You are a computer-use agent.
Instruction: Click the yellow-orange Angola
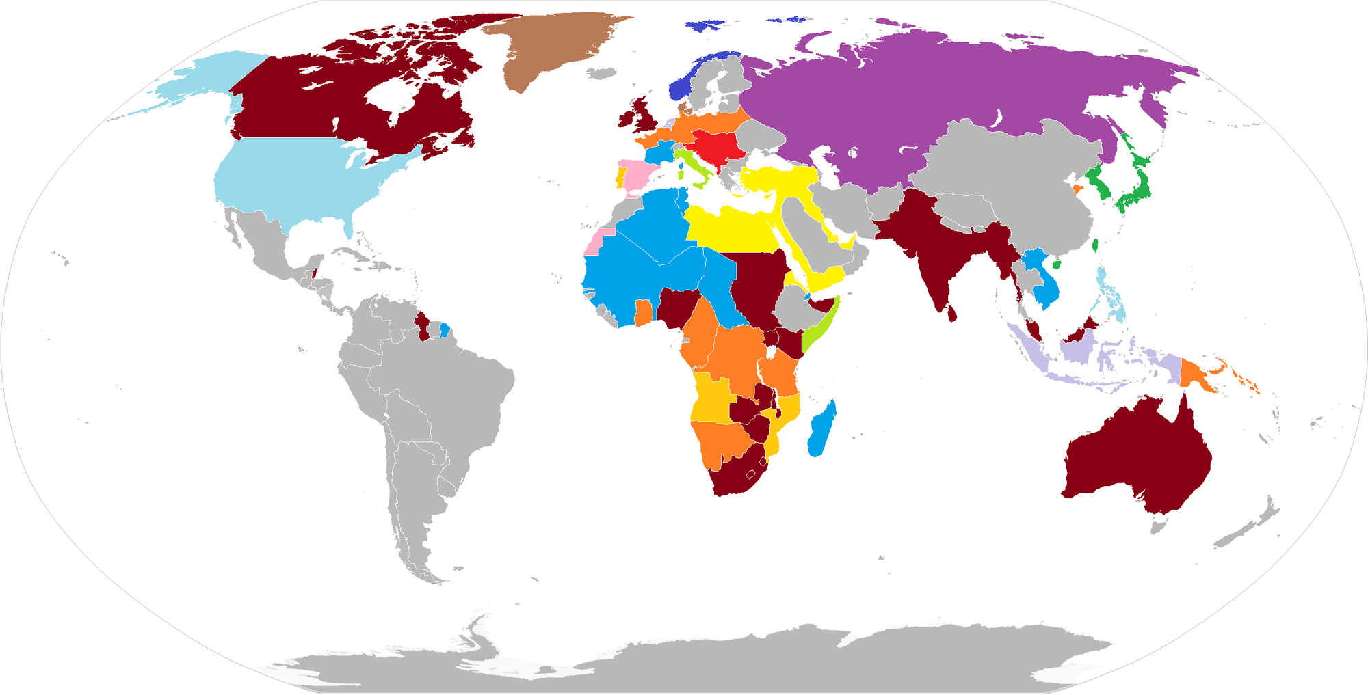(711, 400)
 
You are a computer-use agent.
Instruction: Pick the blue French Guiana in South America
(445, 330)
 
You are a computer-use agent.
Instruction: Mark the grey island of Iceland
(602, 72)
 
